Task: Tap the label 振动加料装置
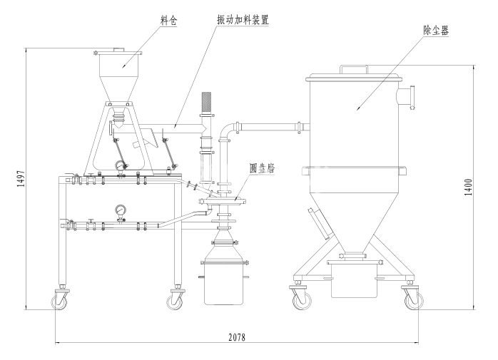247,21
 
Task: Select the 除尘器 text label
436,30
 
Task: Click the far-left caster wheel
59,302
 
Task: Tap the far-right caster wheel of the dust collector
412,301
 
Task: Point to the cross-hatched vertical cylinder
208,104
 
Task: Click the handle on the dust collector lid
354,69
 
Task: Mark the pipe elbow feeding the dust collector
228,129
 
